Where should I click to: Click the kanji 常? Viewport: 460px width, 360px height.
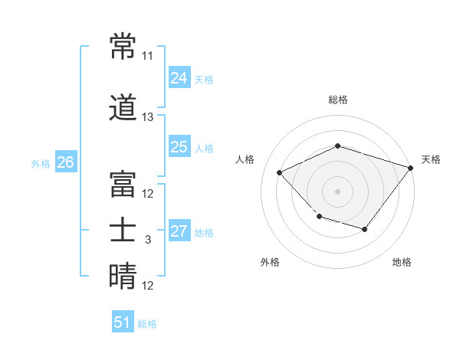[x=123, y=46]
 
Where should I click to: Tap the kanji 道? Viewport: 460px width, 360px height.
[x=123, y=107]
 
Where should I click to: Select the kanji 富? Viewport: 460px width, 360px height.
[x=123, y=184]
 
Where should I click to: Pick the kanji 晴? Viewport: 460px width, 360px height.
[x=123, y=276]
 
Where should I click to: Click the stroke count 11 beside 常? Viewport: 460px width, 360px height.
[x=147, y=56]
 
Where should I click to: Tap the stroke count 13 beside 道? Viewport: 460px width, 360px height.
[x=147, y=117]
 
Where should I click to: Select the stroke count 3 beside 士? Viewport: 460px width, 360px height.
[x=148, y=240]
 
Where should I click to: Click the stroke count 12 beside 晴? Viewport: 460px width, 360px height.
[x=147, y=285]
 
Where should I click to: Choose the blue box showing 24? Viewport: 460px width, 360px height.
[x=179, y=77]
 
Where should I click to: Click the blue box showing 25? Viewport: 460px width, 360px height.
[x=179, y=146]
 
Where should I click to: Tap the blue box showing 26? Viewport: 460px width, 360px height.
[x=66, y=162]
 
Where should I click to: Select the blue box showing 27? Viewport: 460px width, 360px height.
[x=179, y=230]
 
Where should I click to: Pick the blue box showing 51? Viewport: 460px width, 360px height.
[x=123, y=321]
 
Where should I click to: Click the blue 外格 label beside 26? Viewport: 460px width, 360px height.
[x=41, y=164]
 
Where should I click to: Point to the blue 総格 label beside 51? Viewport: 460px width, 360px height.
[x=147, y=324]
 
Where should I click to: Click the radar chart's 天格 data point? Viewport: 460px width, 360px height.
[x=410, y=168]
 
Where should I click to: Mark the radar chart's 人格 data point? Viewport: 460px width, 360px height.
[x=279, y=172]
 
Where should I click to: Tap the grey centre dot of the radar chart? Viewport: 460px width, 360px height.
[x=337, y=191]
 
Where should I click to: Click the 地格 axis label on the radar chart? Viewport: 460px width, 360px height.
[x=402, y=262]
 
